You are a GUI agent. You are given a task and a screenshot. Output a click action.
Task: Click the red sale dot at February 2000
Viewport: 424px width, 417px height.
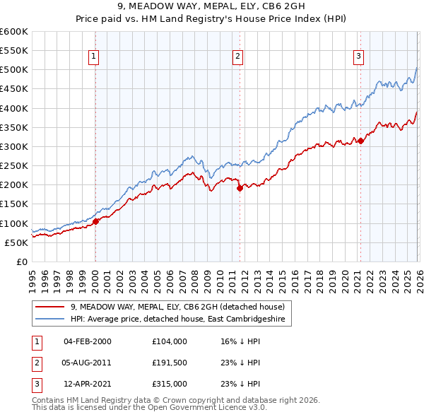[x=95, y=221]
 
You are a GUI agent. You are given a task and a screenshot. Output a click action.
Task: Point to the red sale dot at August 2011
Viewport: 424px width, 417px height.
[x=240, y=188]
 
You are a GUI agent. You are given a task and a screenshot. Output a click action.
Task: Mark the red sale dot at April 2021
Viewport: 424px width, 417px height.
[x=360, y=141]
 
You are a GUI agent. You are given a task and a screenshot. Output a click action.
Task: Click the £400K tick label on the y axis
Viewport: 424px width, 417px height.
[x=14, y=108]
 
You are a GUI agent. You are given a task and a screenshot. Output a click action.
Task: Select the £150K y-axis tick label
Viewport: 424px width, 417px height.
[x=14, y=204]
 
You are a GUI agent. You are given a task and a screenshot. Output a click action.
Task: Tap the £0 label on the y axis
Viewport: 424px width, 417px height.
[x=21, y=262]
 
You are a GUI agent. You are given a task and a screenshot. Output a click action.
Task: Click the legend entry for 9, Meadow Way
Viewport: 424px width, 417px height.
[x=177, y=307]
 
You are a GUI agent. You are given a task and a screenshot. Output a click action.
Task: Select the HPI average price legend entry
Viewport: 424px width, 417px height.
[x=176, y=319]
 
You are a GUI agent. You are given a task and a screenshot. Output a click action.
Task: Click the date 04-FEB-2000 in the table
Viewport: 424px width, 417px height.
[x=87, y=341]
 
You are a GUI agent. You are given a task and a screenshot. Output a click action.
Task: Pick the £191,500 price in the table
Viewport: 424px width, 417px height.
[x=169, y=363]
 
